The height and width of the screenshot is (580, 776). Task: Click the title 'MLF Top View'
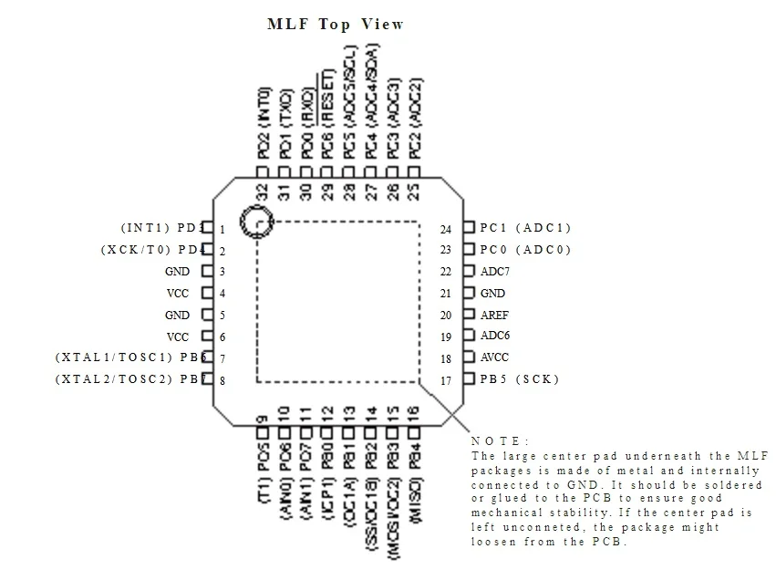[x=335, y=24]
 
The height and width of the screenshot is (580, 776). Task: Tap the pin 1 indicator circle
[x=257, y=222]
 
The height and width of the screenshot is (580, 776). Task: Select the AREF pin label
[x=495, y=316]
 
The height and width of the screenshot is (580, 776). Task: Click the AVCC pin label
[x=495, y=357]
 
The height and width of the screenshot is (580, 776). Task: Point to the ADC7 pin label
[x=495, y=272]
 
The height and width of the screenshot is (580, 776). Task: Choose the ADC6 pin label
[x=495, y=336]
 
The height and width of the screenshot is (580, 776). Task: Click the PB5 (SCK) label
[x=519, y=379]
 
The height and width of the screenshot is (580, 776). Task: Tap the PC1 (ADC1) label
[x=525, y=228]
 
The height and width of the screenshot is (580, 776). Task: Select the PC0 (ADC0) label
[x=525, y=250]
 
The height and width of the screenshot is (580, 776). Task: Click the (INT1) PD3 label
[x=160, y=228]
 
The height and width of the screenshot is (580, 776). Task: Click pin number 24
[x=446, y=230]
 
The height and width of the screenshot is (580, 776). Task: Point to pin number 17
[x=446, y=381]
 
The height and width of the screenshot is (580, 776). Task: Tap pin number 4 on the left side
[x=222, y=295]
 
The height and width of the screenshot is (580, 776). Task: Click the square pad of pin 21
[x=469, y=294]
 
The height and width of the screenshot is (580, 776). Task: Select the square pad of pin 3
[x=207, y=271]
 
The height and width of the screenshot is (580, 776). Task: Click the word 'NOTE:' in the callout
[x=500, y=441]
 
